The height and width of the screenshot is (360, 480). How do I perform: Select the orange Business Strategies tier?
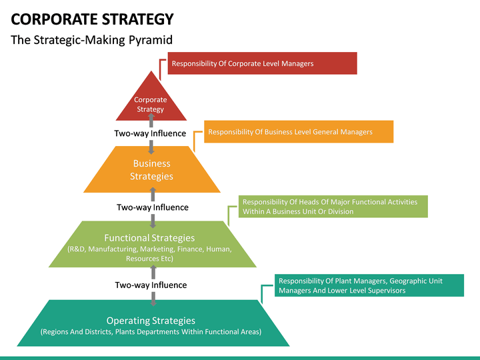pos(152,169)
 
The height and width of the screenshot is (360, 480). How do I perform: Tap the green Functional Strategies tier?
pos(153,244)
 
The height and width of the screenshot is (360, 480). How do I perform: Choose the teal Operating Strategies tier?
pos(153,323)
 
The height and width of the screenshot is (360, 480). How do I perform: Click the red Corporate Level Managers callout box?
pos(263,63)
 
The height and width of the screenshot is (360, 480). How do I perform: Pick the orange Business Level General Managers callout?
pos(299,131)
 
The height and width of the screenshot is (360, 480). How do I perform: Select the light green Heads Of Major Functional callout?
pos(333,207)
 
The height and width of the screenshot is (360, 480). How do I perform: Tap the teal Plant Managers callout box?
pos(369,285)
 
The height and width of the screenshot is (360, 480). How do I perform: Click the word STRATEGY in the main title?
pos(138,19)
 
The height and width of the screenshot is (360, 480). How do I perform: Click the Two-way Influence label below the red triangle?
pos(150,133)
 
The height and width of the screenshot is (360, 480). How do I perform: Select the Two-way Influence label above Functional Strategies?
pos(153,207)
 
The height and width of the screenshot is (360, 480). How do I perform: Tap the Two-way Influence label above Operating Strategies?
pos(151,285)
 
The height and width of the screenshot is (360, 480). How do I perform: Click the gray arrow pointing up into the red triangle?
pos(151,120)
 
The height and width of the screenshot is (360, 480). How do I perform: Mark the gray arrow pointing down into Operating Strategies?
pos(153,299)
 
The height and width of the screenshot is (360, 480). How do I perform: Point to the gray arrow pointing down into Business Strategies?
pos(151,147)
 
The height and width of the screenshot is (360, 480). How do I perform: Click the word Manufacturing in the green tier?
pos(113,249)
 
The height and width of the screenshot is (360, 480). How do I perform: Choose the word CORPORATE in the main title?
pos(55,19)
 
